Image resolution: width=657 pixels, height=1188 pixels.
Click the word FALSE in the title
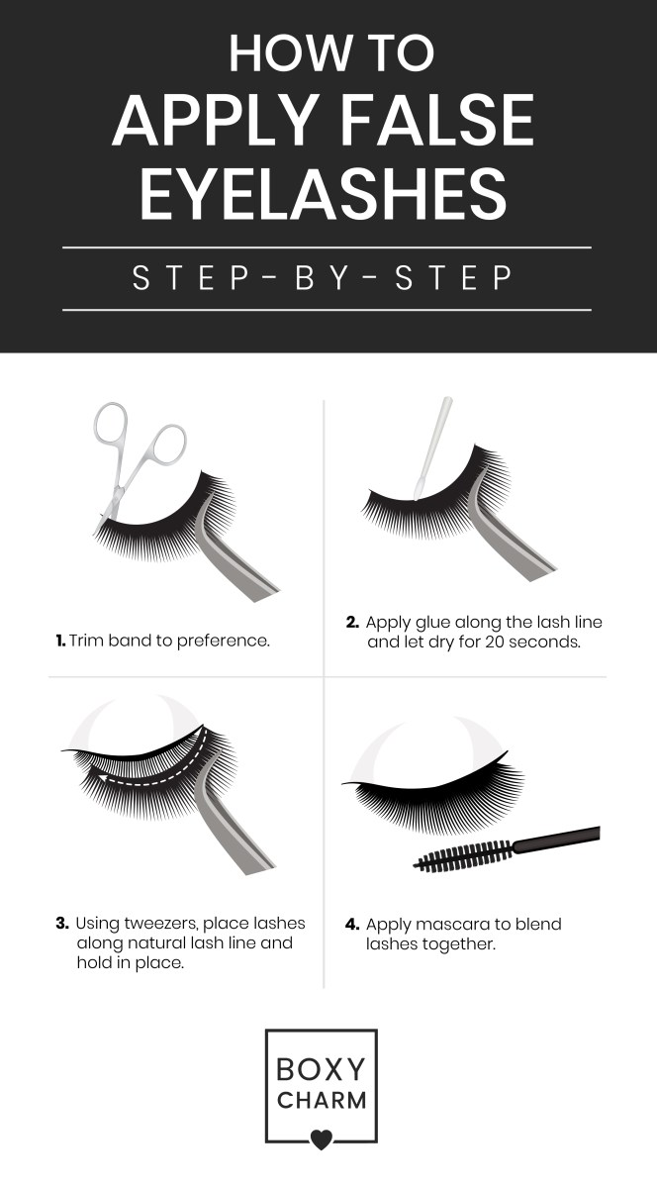[x=437, y=120]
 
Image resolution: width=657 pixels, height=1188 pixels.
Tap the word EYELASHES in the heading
[x=323, y=193]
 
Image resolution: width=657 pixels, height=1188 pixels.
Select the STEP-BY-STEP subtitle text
[x=323, y=277]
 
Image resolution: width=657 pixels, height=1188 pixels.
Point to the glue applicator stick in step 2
[x=432, y=448]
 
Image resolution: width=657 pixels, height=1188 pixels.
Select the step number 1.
[x=60, y=641]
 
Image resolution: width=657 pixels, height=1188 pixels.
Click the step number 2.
[x=352, y=622]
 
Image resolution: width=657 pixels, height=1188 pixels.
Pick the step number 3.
[x=62, y=924]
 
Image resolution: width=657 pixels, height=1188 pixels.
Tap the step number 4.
[x=352, y=925]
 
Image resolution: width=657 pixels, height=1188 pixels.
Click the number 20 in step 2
[x=503, y=642]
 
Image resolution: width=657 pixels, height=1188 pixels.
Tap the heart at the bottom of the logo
[x=321, y=1139]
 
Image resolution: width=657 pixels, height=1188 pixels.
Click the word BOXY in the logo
[x=321, y=1069]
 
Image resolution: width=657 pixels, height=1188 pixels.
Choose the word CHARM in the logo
[x=322, y=1101]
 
